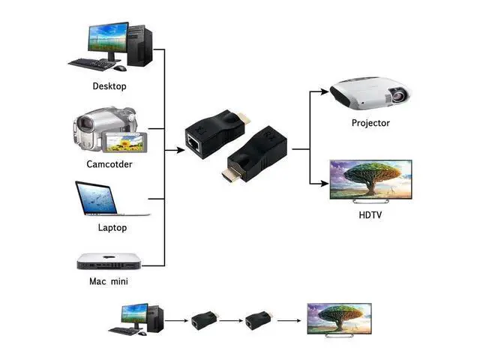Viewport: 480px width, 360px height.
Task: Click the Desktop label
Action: pyautogui.click(x=109, y=86)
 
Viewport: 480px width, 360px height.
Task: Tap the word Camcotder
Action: pyautogui.click(x=109, y=163)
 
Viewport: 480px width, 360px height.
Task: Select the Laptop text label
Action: pyautogui.click(x=112, y=227)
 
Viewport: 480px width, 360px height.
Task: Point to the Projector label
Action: pyautogui.click(x=370, y=123)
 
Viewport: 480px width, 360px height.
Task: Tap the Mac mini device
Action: pyautogui.click(x=109, y=261)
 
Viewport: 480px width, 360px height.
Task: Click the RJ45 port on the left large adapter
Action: pyautogui.click(x=194, y=139)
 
